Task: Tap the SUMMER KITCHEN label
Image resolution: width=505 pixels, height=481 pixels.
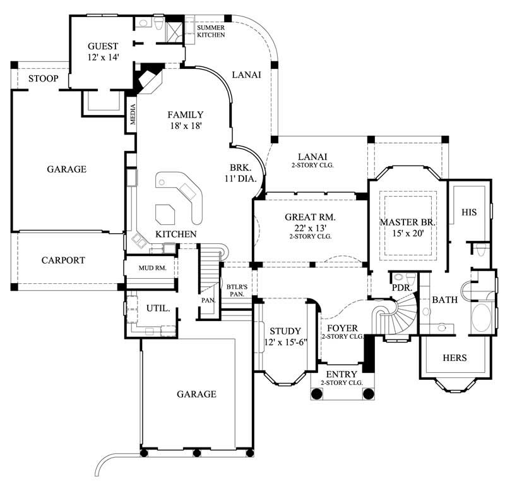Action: [x=211, y=32]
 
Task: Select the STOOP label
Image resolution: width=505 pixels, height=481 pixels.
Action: [x=44, y=79]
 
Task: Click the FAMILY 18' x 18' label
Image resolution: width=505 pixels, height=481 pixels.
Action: [x=185, y=120]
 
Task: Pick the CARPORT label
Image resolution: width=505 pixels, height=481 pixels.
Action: [x=63, y=260]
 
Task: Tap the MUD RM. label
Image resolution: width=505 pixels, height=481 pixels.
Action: [x=151, y=268]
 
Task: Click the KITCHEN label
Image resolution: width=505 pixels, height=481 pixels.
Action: [x=176, y=234]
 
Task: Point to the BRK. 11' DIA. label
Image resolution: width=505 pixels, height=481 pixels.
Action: [x=241, y=173]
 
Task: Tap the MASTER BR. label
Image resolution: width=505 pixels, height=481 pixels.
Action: [x=404, y=228]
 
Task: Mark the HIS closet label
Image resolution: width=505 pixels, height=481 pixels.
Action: [x=469, y=212]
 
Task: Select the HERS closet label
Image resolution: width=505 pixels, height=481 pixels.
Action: [x=454, y=358]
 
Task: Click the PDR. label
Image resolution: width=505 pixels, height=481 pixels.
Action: [x=401, y=288]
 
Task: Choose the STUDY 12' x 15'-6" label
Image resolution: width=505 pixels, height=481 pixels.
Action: [x=285, y=336]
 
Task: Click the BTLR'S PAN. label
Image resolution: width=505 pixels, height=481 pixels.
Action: [x=236, y=291]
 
